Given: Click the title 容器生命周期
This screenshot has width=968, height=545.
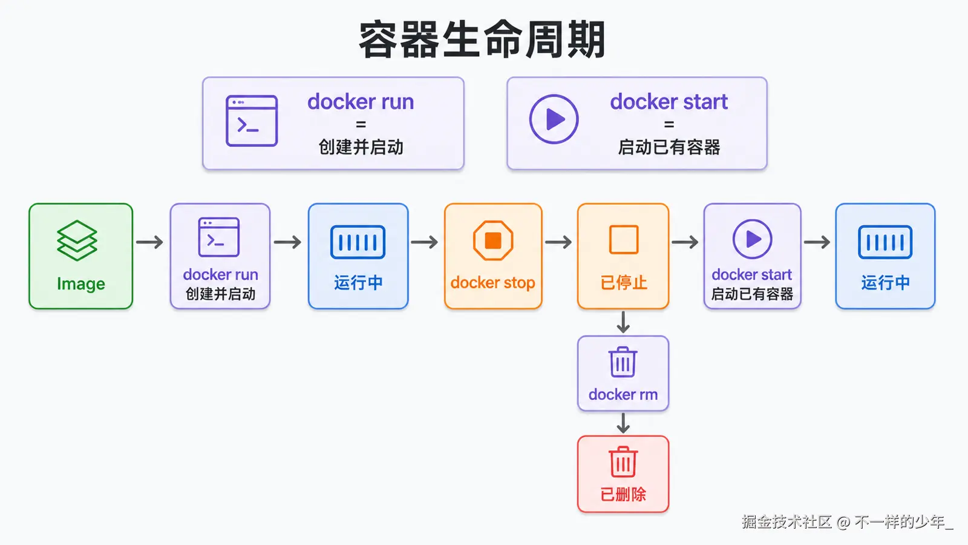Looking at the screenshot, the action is pos(482,39).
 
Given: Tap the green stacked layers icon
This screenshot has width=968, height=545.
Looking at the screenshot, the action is pos(77,240).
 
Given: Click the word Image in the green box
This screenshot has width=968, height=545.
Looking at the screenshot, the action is pos(81,284).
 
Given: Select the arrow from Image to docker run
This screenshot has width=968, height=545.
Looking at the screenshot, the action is pos(149,242).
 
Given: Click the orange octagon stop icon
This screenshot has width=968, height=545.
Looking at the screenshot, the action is pos(493,240).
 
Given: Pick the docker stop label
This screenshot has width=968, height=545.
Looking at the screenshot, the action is pos(492,283).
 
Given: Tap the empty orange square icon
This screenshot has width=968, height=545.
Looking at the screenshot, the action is pos(624,239).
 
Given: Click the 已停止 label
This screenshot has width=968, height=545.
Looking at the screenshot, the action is pos(624,283).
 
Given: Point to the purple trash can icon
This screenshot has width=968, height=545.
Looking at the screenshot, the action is pos(623,362).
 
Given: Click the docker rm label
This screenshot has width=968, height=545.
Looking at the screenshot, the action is pos(623,394).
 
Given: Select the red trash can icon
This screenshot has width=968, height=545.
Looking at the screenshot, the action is pos(623,461).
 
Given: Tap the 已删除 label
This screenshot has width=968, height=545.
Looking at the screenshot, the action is pos(623,494).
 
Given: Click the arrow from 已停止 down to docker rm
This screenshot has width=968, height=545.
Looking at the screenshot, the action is pos(623,322).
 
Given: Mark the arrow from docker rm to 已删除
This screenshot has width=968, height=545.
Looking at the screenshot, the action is pos(623,423).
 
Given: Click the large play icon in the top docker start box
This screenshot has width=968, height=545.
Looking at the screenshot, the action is pos(554,119).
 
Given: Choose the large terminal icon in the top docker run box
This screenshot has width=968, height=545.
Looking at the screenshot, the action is pos(252,121).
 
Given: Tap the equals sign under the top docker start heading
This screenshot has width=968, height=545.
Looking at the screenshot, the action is pos(669,125).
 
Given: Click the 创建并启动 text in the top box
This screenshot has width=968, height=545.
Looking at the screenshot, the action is pos(361,147).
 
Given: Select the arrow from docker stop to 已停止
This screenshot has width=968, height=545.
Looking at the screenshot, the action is pos(559,242).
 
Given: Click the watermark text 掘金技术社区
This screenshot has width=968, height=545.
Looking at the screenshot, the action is pos(786,522).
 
